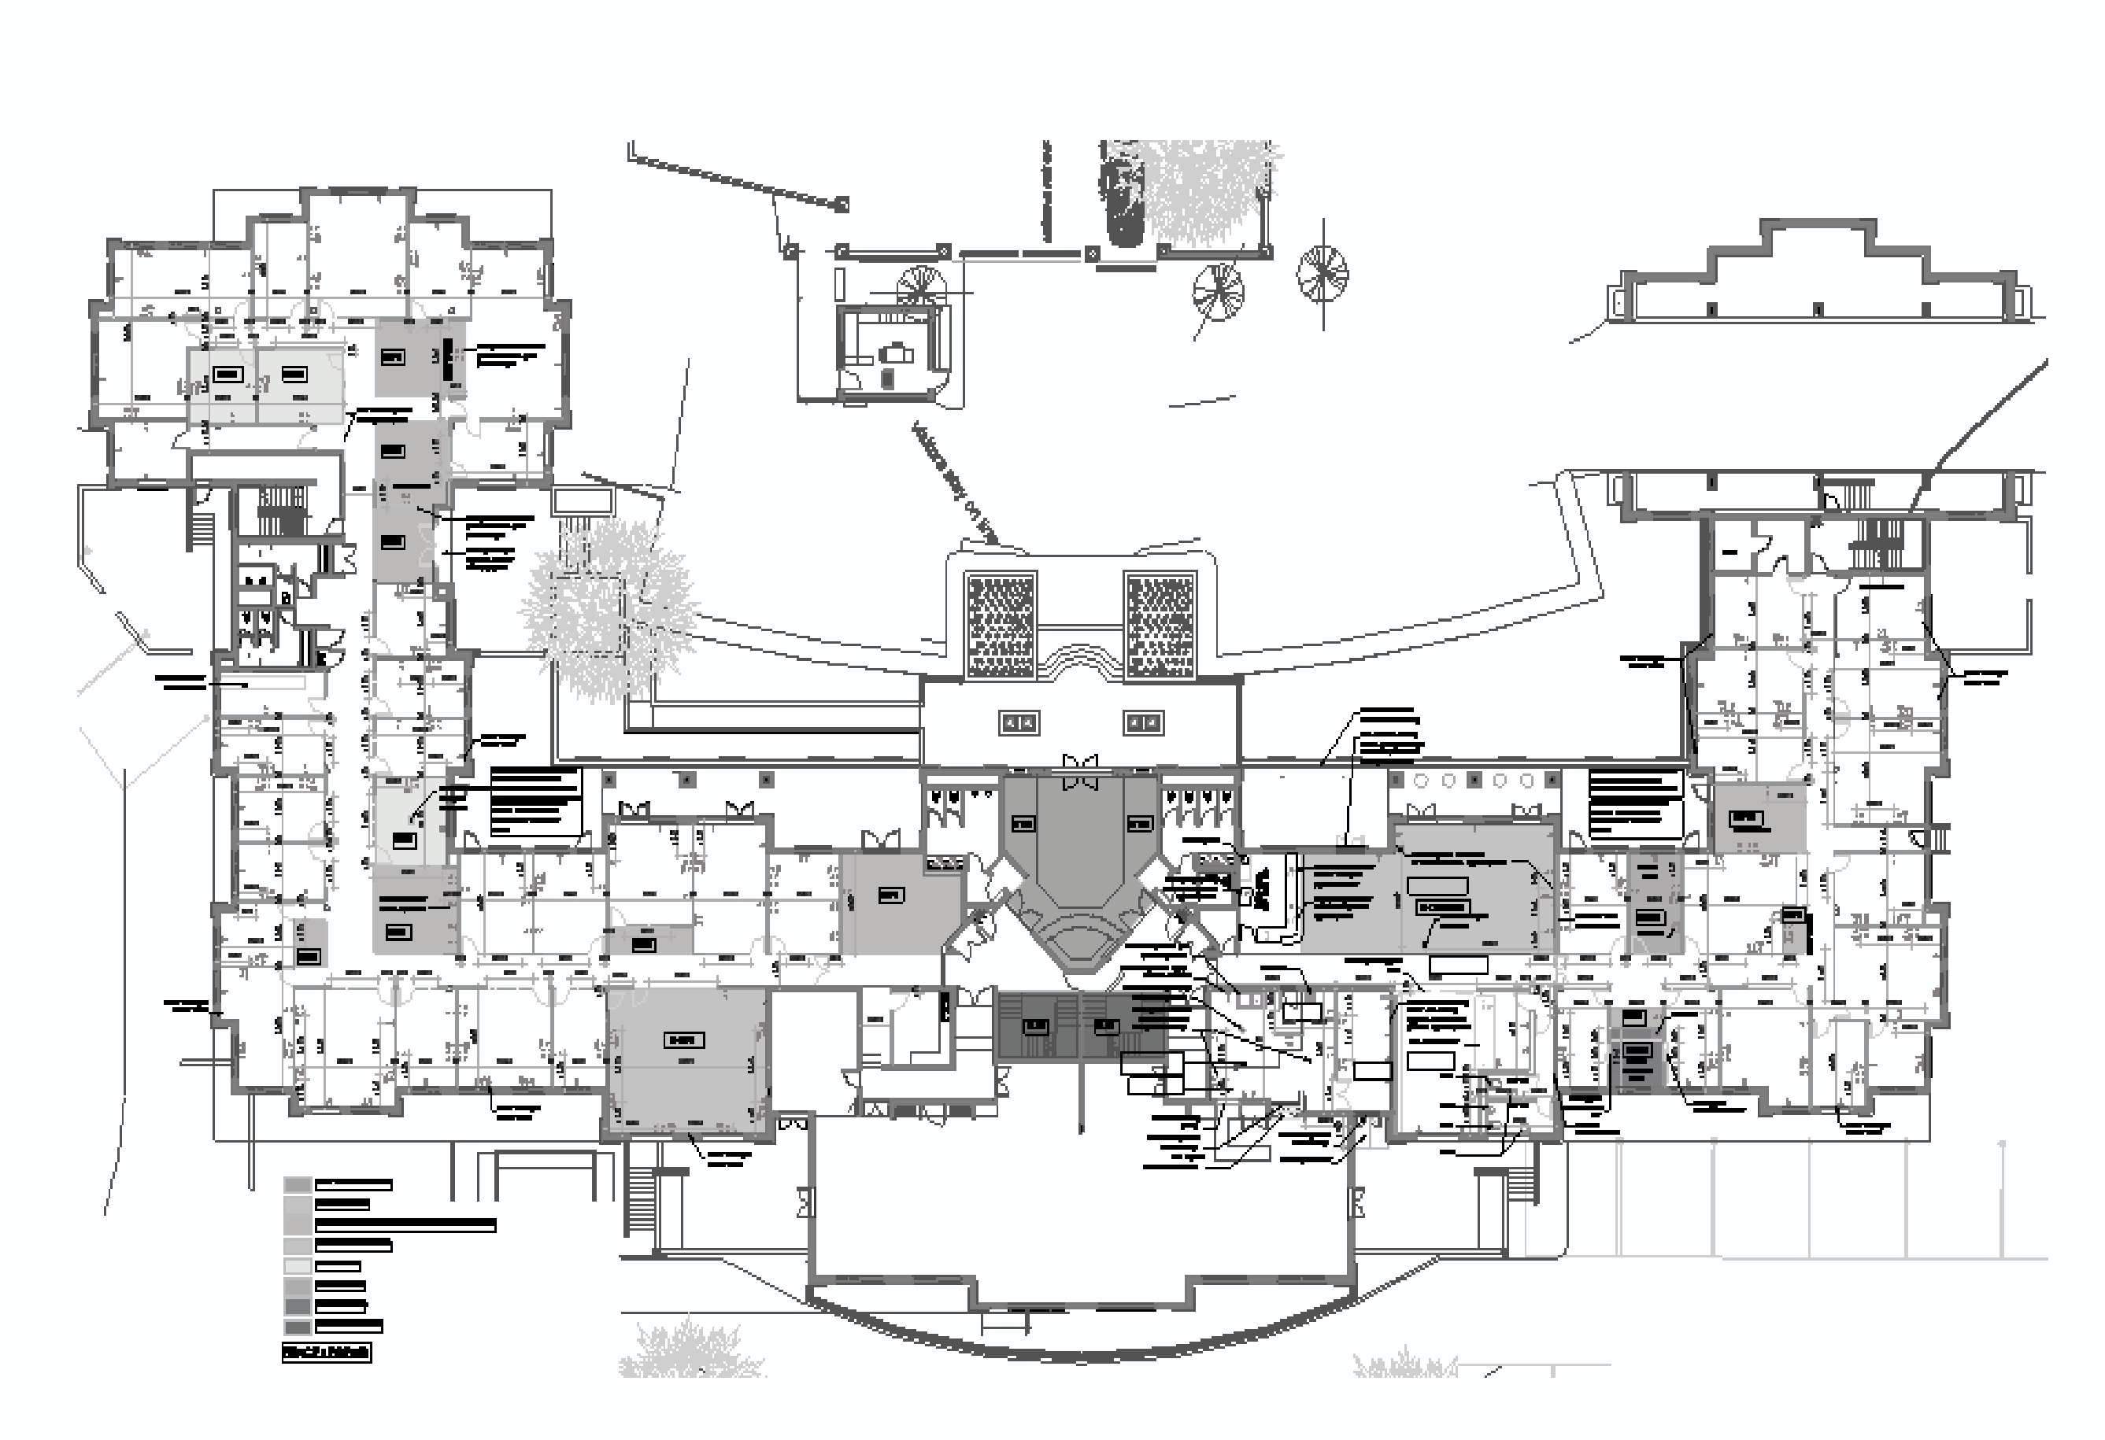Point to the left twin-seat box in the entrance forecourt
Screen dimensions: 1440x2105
click(1019, 722)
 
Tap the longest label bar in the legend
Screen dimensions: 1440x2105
click(405, 1225)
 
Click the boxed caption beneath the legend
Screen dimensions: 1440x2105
click(326, 1353)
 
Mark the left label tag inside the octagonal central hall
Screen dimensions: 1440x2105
click(1023, 823)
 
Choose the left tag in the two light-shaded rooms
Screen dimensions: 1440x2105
click(228, 374)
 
